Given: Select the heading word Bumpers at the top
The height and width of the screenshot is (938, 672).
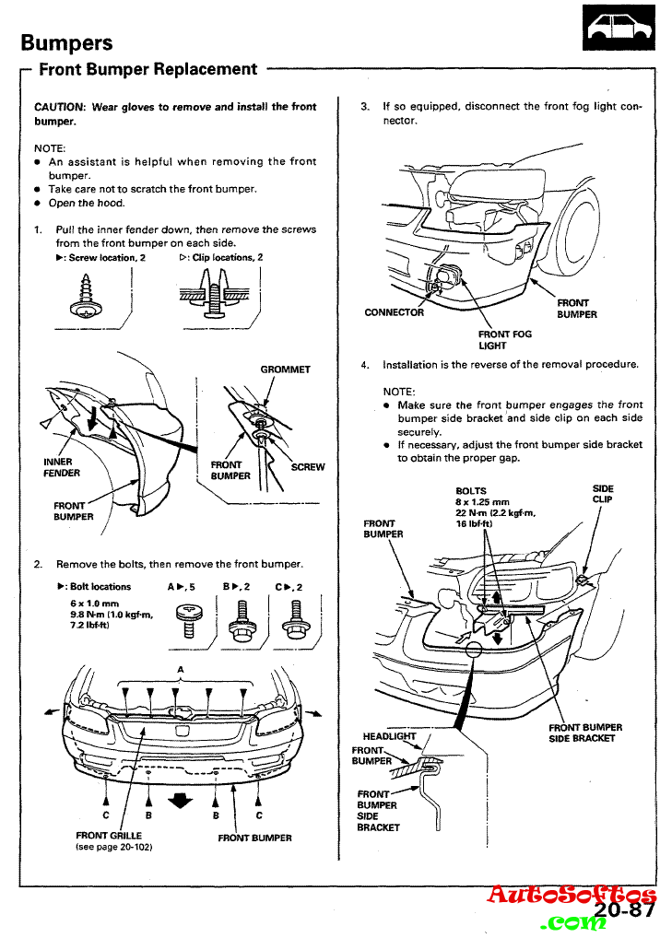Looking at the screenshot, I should coord(66,42).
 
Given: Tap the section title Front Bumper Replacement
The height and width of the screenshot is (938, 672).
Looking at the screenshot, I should coord(147,69).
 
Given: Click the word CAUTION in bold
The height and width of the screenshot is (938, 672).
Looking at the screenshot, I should coord(60,107).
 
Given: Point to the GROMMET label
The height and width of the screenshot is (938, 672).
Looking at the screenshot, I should coord(285,369).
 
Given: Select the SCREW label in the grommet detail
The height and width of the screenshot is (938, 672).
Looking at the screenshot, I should coord(308,467).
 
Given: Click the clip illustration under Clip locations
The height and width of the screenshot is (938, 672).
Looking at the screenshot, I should coord(214,297).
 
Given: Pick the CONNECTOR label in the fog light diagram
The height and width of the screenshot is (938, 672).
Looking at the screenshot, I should coord(395,312).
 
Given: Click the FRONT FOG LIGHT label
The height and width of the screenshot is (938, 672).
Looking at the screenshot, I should coord(492,340).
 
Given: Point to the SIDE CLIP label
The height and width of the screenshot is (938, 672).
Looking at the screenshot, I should coord(603,494).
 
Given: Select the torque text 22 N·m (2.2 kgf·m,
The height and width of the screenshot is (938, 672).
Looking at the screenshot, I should coord(496,513).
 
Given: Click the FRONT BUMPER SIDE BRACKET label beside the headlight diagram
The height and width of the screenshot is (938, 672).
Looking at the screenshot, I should coord(585,733).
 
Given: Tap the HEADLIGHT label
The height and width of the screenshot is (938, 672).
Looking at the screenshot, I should coord(389,736).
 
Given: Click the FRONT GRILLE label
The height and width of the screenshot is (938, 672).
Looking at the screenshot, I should coord(109,836).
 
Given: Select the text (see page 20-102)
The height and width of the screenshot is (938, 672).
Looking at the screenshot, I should coord(112,847).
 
